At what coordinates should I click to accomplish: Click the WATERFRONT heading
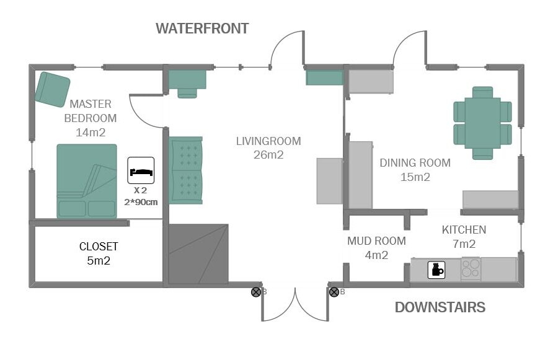[202, 29]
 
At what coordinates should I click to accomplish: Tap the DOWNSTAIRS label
[440, 307]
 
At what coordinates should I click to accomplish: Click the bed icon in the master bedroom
[141, 170]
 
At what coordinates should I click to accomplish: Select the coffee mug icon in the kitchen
[436, 270]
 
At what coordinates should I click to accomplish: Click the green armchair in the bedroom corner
[53, 90]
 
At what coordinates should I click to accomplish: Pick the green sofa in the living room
[186, 170]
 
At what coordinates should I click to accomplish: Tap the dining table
[482, 123]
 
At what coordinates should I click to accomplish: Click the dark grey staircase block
[198, 254]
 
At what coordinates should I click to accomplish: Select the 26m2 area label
[268, 155]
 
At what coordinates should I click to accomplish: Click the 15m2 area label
[415, 177]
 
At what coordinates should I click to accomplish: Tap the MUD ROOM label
[376, 241]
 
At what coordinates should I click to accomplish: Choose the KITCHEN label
[464, 230]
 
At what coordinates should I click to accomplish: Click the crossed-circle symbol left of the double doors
[256, 292]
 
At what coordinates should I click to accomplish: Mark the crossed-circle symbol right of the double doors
[334, 292]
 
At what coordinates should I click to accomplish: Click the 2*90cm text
[141, 202]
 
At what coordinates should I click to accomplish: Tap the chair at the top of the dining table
[482, 92]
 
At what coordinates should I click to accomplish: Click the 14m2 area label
[91, 132]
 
